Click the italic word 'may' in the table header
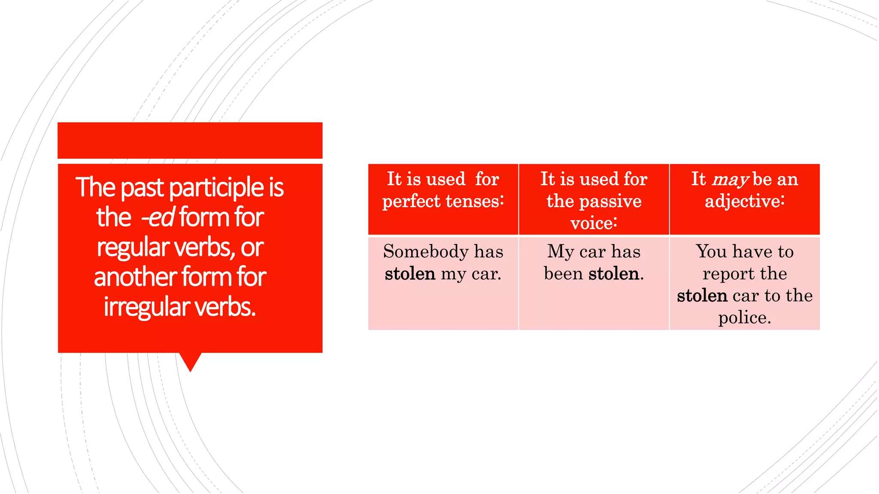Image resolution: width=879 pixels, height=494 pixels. [731, 180]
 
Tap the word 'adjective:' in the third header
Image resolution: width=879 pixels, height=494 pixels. [745, 201]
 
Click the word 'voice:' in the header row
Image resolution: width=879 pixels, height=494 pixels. [594, 223]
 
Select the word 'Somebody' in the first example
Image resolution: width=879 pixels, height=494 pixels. [425, 252]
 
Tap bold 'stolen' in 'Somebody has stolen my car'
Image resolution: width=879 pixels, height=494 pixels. [410, 274]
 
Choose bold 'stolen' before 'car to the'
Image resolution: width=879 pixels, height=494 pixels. [702, 296]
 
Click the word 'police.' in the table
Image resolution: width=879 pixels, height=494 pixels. [745, 318]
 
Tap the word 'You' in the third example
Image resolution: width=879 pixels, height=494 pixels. [711, 252]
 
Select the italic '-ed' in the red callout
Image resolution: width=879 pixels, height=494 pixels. [158, 217]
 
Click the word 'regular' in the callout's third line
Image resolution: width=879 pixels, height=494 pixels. [133, 247]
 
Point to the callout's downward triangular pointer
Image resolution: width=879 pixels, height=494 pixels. [190, 361]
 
